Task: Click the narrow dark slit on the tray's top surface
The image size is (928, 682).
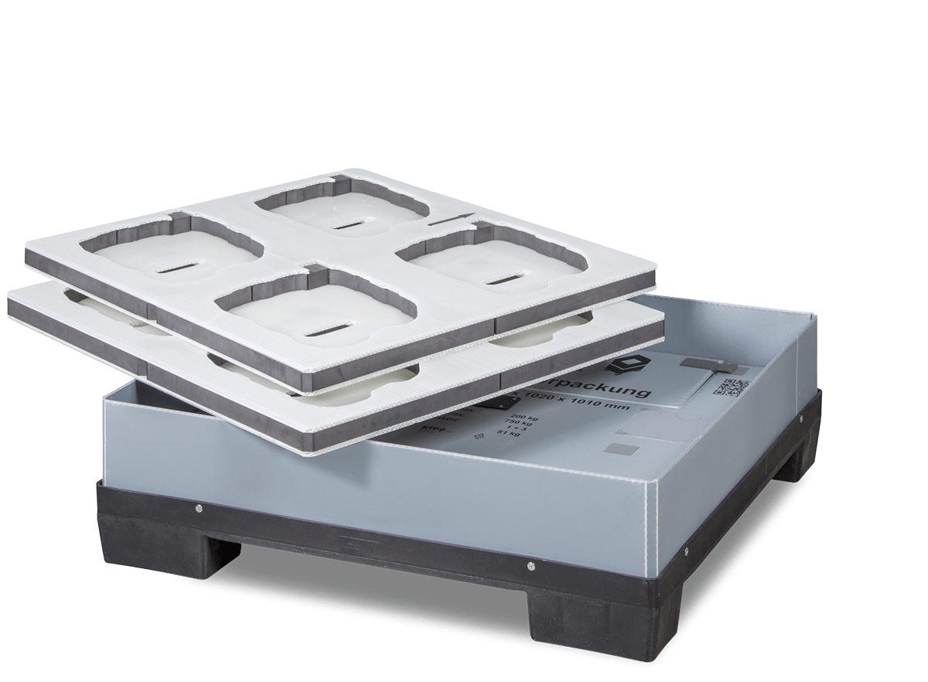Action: click(x=449, y=220)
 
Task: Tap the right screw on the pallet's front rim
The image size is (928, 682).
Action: click(x=531, y=568)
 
